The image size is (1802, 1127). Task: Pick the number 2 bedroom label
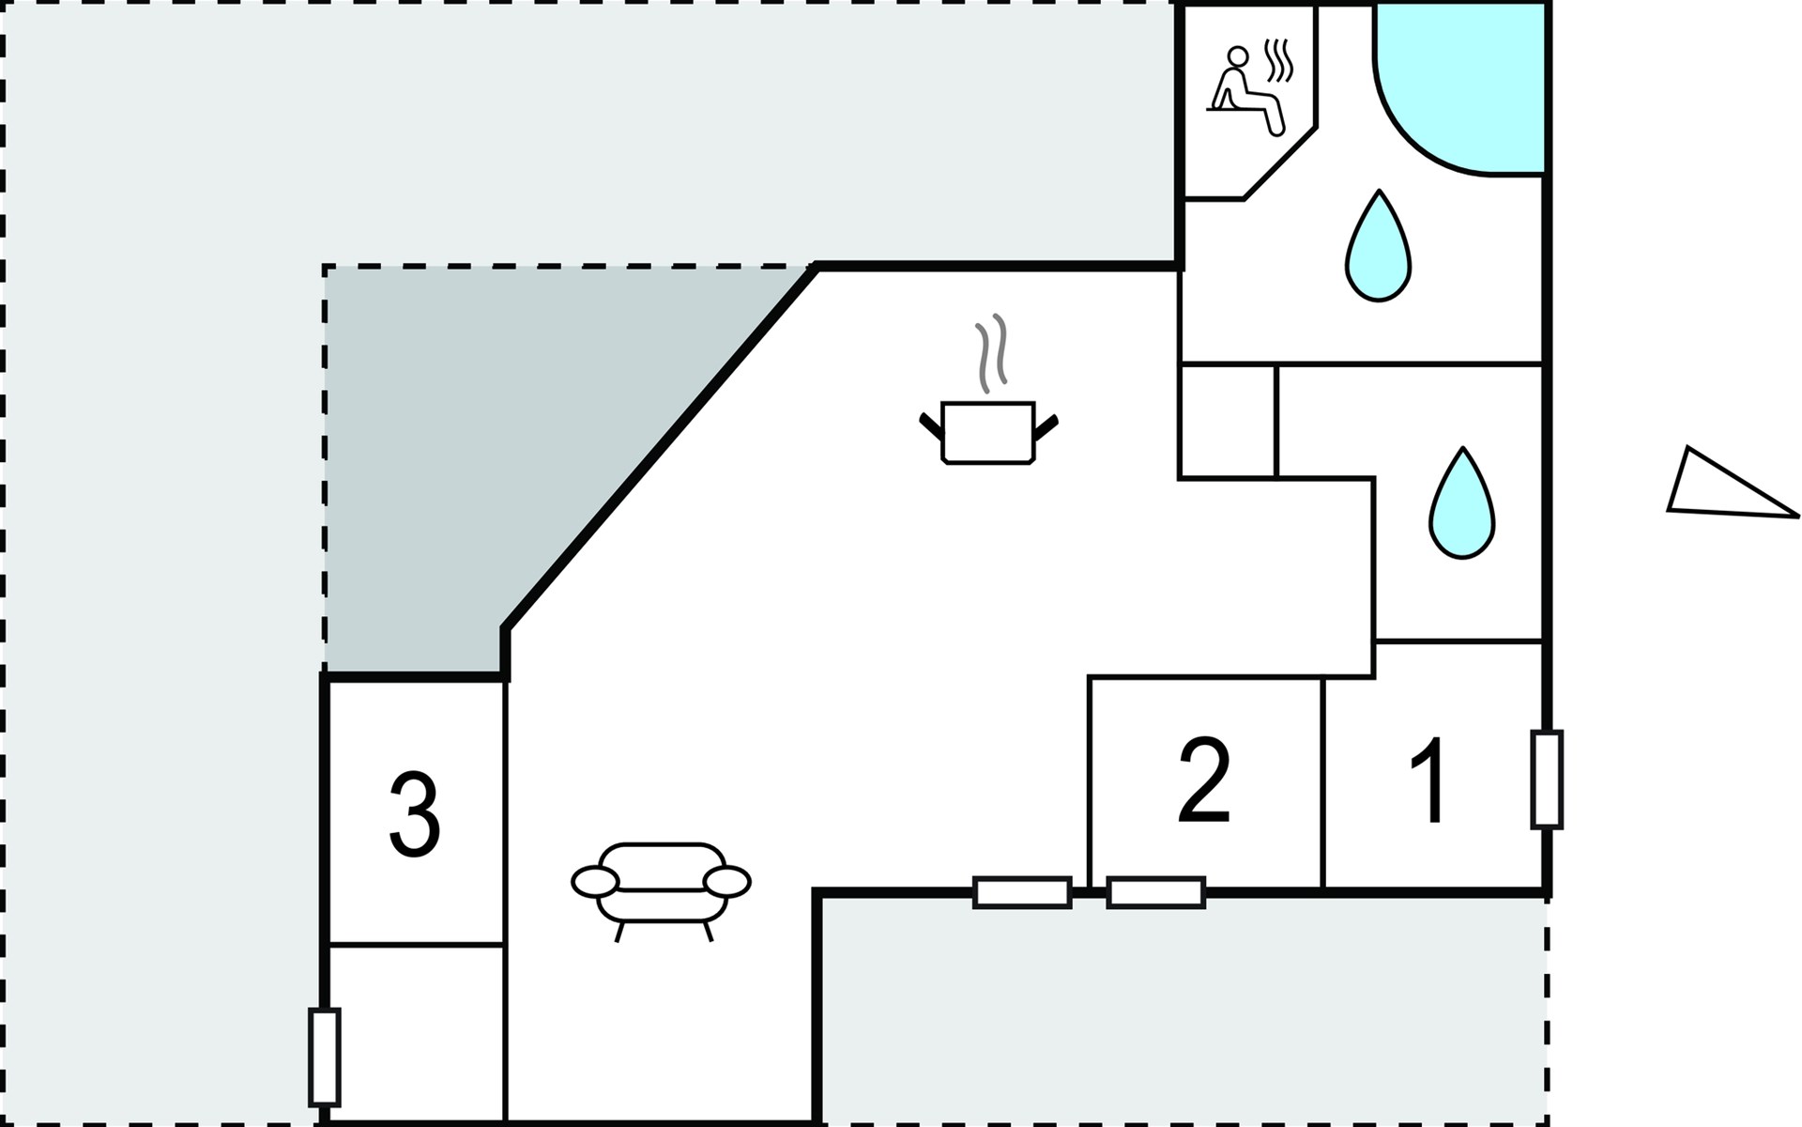(1204, 780)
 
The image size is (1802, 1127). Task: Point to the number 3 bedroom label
(414, 814)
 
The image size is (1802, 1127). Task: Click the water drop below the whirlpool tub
(1378, 248)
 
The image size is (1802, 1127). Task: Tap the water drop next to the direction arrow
(1462, 504)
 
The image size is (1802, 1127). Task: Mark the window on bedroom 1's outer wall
(1546, 780)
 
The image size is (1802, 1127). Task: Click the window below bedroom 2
(1155, 892)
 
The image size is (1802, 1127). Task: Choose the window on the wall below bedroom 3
(324, 1057)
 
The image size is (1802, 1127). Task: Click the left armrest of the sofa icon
(595, 881)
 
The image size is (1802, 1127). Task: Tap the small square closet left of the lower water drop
(1227, 421)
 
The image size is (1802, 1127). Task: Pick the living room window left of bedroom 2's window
(1022, 892)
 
